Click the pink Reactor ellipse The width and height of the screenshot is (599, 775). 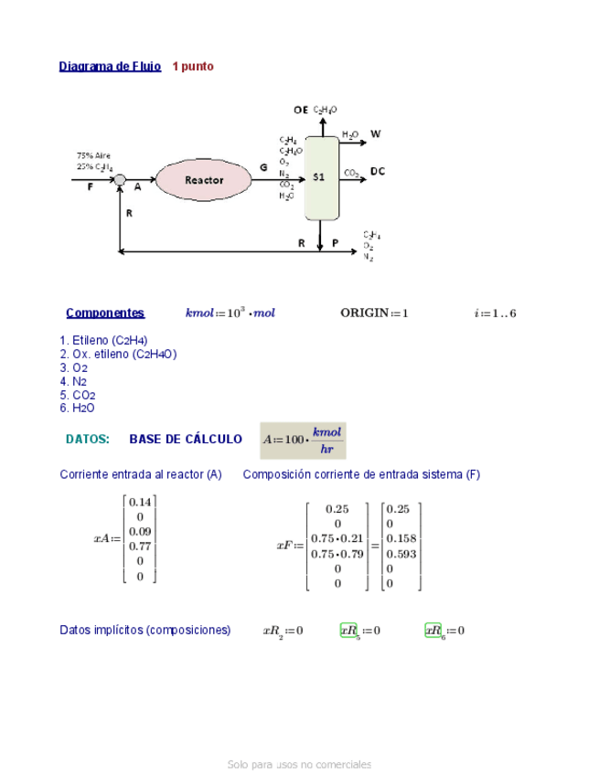point(203,180)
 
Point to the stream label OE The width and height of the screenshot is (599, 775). point(300,110)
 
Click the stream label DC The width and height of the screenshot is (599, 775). point(378,171)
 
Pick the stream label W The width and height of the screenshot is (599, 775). point(375,133)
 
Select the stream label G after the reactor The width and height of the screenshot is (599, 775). point(264,168)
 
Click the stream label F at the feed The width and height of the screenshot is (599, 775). point(90,188)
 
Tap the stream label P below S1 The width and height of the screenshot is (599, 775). point(335,243)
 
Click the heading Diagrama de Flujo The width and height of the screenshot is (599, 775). point(110,67)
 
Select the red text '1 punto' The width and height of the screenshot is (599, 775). point(193,67)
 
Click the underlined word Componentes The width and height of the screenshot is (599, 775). point(105,313)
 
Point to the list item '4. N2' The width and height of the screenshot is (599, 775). point(73,381)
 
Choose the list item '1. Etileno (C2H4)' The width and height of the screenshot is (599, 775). point(103,340)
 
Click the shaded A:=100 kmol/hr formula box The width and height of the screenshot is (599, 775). point(303,440)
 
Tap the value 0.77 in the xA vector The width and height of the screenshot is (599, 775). point(140,546)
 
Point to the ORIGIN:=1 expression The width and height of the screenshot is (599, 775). point(374,313)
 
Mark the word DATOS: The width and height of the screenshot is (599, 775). point(88,440)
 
